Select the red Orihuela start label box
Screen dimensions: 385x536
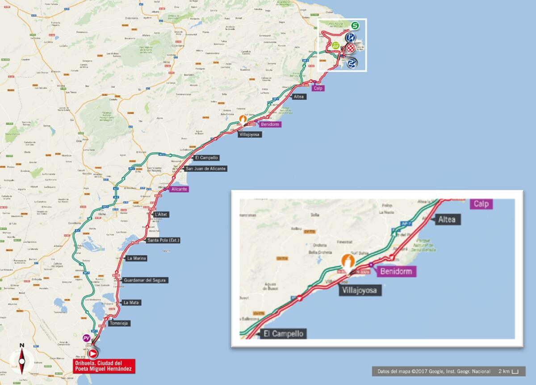coord(104,366)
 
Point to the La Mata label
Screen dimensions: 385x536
coord(132,302)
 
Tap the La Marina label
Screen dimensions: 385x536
coord(137,258)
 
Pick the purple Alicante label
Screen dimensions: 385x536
coord(179,189)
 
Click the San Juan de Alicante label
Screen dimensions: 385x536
coord(205,168)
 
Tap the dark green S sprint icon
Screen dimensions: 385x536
coord(355,25)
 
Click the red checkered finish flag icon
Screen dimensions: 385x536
coord(351,48)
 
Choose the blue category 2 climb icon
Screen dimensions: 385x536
coord(352,63)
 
